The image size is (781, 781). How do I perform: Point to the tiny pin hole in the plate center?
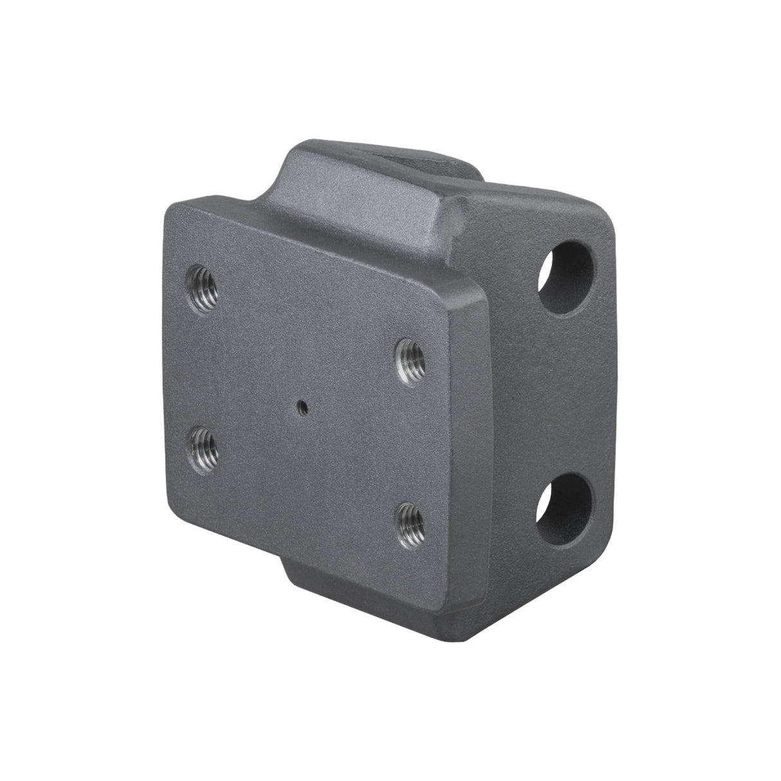click(x=300, y=406)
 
